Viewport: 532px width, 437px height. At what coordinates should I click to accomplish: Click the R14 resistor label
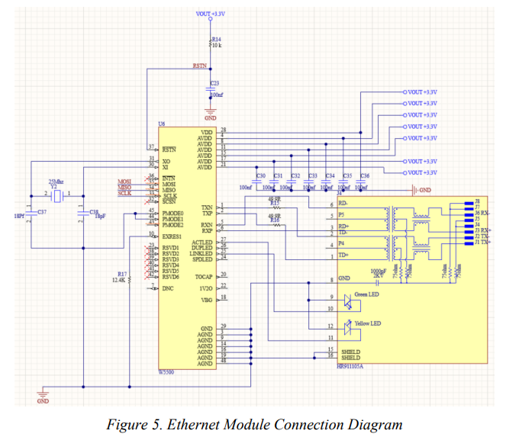[217, 38]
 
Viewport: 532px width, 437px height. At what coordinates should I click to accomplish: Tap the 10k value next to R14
[217, 46]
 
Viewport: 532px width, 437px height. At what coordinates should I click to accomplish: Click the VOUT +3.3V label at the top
[211, 14]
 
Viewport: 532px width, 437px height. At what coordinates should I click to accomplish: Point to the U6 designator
[161, 123]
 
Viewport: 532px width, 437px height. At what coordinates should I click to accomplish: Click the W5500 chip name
[167, 372]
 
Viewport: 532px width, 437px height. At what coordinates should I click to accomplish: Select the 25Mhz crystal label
[54, 180]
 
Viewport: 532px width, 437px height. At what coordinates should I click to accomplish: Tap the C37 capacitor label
[42, 211]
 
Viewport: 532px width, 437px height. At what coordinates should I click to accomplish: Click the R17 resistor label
[121, 274]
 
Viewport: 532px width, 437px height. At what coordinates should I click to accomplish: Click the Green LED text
[367, 294]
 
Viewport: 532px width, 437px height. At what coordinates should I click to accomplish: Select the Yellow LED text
[367, 324]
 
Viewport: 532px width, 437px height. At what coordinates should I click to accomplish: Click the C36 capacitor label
[365, 176]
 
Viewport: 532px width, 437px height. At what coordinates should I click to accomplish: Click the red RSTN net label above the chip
[199, 67]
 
